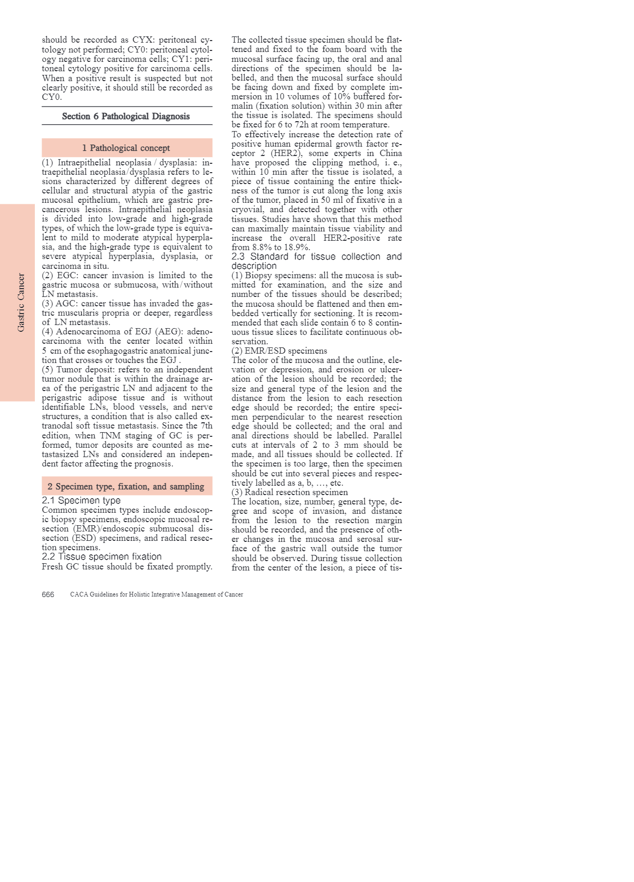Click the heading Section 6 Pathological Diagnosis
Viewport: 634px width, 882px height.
(x=126, y=116)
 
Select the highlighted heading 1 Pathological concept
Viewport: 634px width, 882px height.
(x=126, y=148)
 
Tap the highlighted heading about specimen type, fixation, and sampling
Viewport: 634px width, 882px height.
(x=126, y=486)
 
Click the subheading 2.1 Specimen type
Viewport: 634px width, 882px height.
(x=81, y=500)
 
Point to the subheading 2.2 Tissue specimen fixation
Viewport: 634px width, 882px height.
(x=102, y=556)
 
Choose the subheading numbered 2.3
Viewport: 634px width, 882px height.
(x=316, y=261)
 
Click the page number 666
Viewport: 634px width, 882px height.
(x=48, y=594)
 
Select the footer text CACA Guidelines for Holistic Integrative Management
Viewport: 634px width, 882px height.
(x=156, y=594)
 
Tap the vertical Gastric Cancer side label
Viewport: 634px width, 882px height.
(x=21, y=303)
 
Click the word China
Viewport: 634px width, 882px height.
(x=390, y=153)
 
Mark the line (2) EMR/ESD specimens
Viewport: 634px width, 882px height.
(x=279, y=351)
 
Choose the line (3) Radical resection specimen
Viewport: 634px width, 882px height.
(x=289, y=492)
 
